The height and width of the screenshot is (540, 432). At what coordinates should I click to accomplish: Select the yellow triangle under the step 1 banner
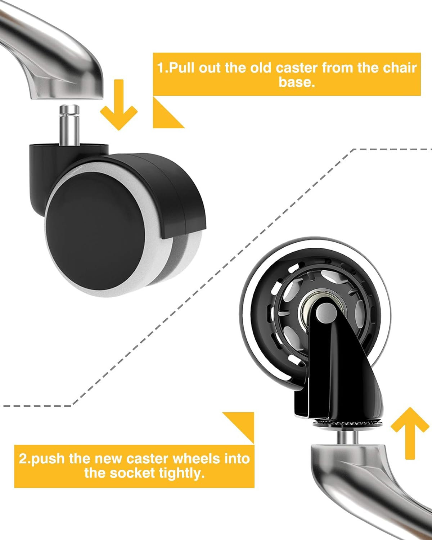[164, 115]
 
